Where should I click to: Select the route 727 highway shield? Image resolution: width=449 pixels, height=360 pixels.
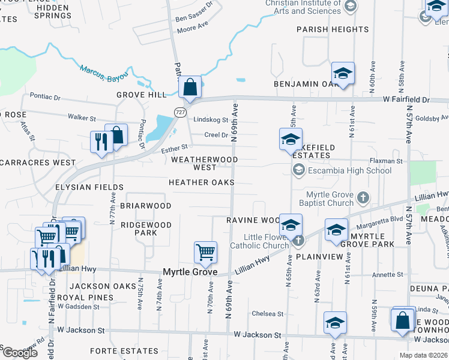180,112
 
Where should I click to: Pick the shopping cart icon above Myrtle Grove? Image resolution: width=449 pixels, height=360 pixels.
205,252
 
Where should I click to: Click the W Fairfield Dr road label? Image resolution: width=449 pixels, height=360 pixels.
406,98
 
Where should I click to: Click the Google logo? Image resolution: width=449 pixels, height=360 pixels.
19,353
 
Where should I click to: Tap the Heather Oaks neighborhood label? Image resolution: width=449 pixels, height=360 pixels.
201,182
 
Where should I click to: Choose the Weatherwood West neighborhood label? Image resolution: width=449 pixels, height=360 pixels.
205,163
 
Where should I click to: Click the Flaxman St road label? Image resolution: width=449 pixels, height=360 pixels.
385,161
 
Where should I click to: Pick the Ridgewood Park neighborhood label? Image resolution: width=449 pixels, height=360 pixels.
146,229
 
